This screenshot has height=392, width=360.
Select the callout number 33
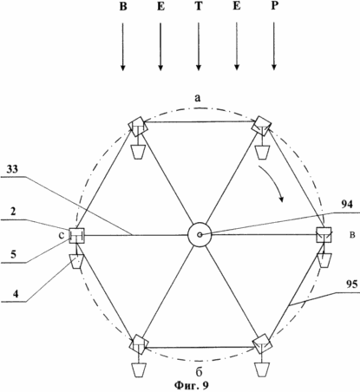[x=12, y=169]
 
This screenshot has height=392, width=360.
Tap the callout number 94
[x=347, y=205]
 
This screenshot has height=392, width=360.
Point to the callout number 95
[x=351, y=284]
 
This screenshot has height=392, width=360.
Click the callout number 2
[x=13, y=212]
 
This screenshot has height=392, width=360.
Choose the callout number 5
[x=13, y=254]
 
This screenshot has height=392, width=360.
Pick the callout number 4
[x=16, y=294]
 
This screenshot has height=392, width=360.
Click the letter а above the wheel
[x=197, y=98]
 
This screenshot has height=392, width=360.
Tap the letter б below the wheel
[x=199, y=372]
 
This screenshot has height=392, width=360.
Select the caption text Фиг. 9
[x=191, y=385]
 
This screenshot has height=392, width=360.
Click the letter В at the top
[x=123, y=6]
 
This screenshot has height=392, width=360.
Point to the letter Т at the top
[x=199, y=6]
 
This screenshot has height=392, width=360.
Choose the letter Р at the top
[x=274, y=6]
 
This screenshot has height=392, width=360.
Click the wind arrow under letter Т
[x=199, y=47]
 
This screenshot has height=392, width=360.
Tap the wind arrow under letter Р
[x=274, y=47]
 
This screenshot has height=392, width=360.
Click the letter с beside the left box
[x=62, y=236]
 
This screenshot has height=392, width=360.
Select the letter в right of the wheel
[x=352, y=235]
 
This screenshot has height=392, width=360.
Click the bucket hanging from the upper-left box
[x=138, y=152]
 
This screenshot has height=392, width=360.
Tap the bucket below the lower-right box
[x=262, y=369]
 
